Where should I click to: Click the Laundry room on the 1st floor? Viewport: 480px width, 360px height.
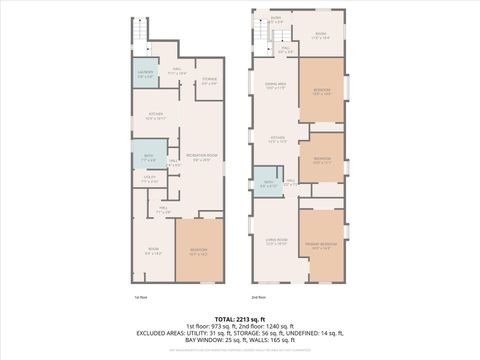pos(144,75)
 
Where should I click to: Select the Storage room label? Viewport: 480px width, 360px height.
pos(209,81)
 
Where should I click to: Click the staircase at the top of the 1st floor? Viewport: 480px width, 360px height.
pos(141,34)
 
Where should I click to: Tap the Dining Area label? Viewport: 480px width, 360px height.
pos(274,86)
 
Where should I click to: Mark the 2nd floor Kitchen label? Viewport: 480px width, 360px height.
pos(276,139)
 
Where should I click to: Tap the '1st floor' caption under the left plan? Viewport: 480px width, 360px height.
pos(140,297)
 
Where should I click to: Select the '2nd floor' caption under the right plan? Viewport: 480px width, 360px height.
pos(258,297)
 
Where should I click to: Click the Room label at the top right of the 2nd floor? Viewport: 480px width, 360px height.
pos(320,35)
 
